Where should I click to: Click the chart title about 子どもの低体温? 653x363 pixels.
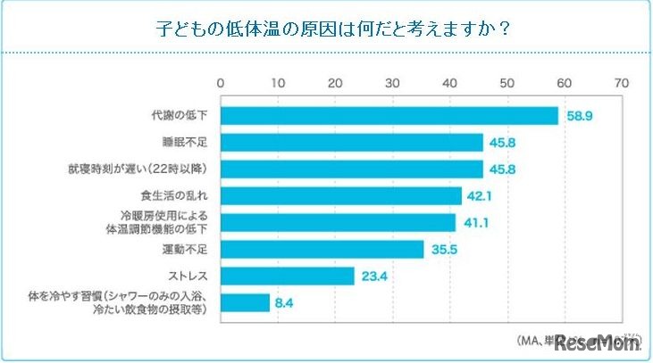tap(326, 29)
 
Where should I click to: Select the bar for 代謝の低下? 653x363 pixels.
tap(389, 116)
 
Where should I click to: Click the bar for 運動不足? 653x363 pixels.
tap(322, 250)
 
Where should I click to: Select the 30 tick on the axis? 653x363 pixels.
tap(392, 83)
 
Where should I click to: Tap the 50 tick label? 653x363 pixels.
tap(506, 83)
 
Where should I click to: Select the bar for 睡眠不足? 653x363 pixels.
tap(352, 143)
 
